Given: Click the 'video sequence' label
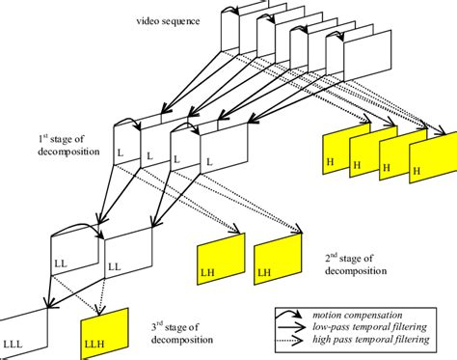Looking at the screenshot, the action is [x=168, y=21].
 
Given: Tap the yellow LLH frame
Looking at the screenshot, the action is [x=104, y=333].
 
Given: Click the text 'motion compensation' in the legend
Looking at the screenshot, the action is [x=357, y=316].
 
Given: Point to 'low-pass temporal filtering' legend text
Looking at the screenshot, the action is [x=369, y=327].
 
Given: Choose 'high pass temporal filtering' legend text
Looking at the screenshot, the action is [x=371, y=339].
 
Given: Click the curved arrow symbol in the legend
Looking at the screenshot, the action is [x=288, y=315].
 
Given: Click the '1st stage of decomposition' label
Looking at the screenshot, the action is [x=68, y=145].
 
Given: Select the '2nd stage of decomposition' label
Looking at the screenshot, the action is [x=356, y=264].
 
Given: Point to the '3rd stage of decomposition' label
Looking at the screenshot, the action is [x=182, y=334].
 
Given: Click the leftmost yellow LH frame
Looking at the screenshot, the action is [x=221, y=259].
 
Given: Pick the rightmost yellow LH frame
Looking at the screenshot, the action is [x=278, y=259].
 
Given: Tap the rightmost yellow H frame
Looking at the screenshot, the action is [x=433, y=157].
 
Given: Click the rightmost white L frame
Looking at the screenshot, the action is [x=225, y=149].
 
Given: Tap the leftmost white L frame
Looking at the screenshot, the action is [x=126, y=145].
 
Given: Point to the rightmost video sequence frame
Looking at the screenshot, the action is [x=367, y=55].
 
